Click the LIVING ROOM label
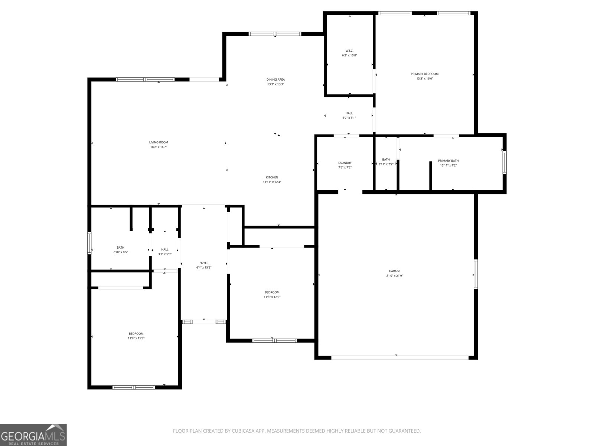pyautogui.click(x=159, y=142)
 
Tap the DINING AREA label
pyautogui.click(x=275, y=79)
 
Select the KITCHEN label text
pyautogui.click(x=272, y=177)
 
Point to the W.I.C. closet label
pyautogui.click(x=349, y=51)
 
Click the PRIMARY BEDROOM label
pyautogui.click(x=425, y=74)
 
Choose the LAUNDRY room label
pyautogui.click(x=345, y=163)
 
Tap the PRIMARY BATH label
pyautogui.click(x=448, y=161)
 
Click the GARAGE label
pyautogui.click(x=395, y=271)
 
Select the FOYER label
pyautogui.click(x=204, y=263)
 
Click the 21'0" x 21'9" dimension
pyautogui.click(x=395, y=276)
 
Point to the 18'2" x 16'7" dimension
pyautogui.click(x=159, y=147)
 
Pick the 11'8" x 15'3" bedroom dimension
pyautogui.click(x=136, y=338)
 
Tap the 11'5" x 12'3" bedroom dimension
pyautogui.click(x=272, y=297)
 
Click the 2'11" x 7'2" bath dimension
pyautogui.click(x=386, y=164)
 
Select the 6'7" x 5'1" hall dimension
pyautogui.click(x=349, y=118)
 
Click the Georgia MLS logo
pyautogui.click(x=33, y=434)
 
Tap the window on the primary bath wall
pyautogui.click(x=505, y=162)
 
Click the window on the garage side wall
pyautogui.click(x=476, y=274)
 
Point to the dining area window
pyautogui.click(x=275, y=34)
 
